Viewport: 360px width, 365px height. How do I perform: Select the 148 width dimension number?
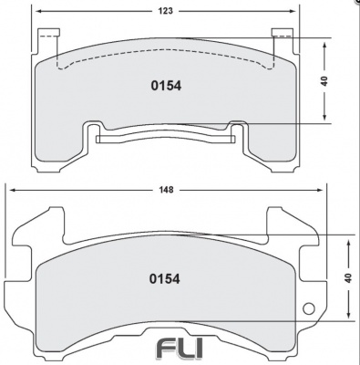point(165,190)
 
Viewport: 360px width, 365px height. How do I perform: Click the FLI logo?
point(180,348)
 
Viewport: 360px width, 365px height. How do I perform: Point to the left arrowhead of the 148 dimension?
point(12,190)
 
